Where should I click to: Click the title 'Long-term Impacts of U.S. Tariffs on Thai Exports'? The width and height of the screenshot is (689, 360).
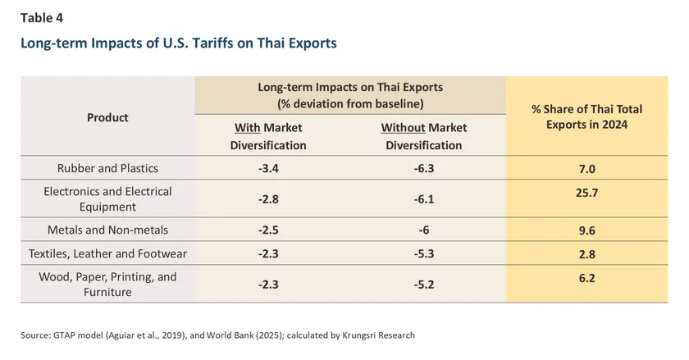[x=178, y=43]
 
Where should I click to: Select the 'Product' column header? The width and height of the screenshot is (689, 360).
[x=107, y=117]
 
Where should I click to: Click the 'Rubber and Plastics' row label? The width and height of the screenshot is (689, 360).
[x=107, y=169]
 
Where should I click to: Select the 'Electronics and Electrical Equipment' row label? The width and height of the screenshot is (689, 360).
[x=107, y=199]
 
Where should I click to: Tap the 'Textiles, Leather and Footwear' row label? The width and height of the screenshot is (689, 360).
[x=107, y=255]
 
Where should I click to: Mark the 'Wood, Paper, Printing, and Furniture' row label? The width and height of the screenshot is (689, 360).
[x=107, y=285]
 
